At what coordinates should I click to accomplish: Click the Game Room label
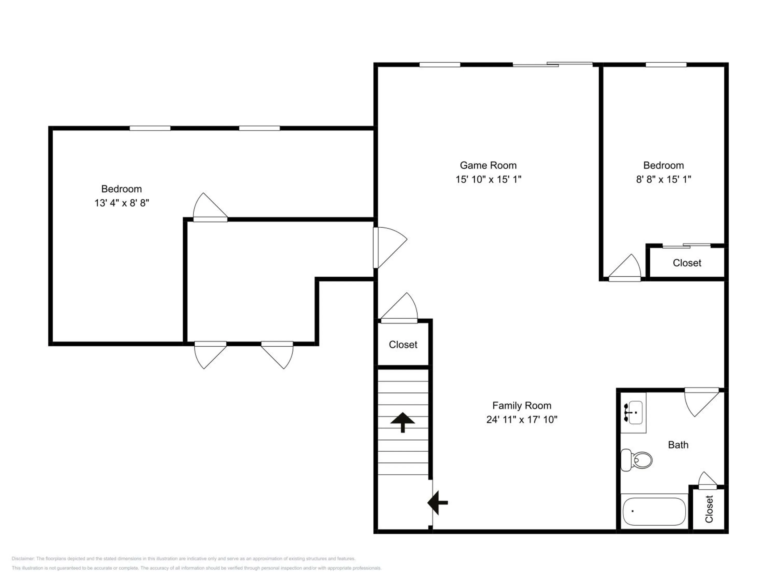click(x=488, y=165)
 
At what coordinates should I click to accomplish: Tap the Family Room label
click(x=522, y=406)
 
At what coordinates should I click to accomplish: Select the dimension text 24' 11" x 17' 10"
click(x=522, y=420)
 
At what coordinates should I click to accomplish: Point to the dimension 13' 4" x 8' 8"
click(x=121, y=203)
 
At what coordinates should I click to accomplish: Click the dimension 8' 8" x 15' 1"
click(x=664, y=179)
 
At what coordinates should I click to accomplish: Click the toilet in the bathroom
click(x=636, y=460)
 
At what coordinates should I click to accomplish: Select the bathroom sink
click(x=633, y=413)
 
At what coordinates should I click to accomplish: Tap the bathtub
click(x=654, y=511)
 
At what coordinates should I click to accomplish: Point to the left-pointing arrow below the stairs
click(x=437, y=503)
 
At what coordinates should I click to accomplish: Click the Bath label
click(x=678, y=445)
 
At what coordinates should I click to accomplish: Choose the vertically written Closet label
click(x=709, y=509)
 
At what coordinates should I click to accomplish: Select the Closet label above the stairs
click(x=403, y=345)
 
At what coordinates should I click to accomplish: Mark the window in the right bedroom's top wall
click(x=666, y=65)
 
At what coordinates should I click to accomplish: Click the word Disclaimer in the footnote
click(x=23, y=558)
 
